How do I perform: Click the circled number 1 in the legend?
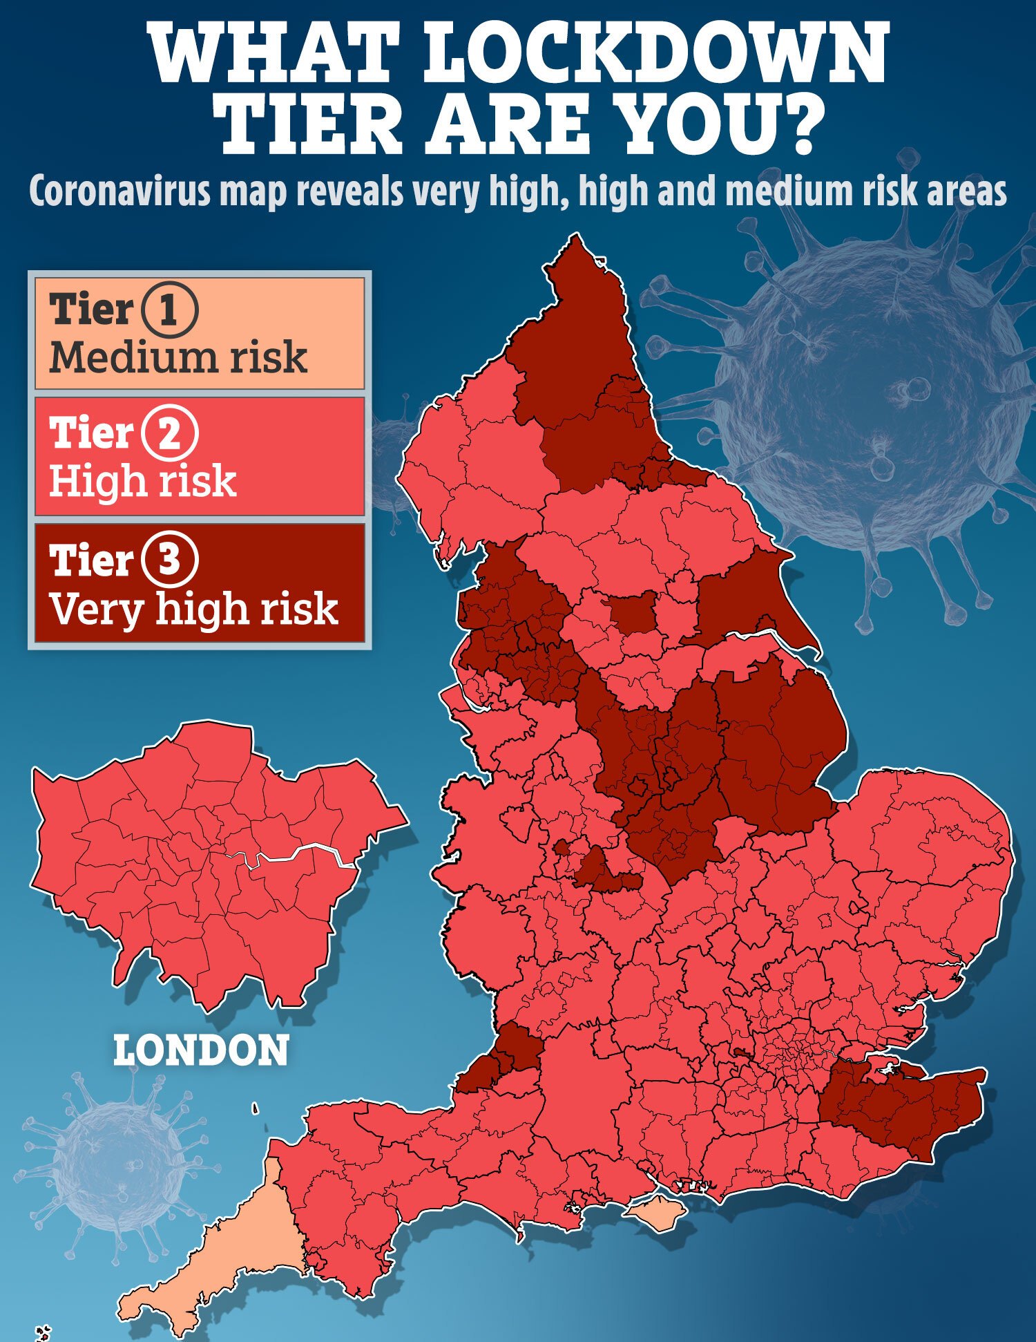coord(170,309)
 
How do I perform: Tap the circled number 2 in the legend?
coord(170,433)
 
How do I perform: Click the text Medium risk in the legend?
coord(178,358)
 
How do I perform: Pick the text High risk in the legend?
coord(143,481)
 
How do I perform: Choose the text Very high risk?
coord(194,609)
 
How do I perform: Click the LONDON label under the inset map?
coord(201,1051)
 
